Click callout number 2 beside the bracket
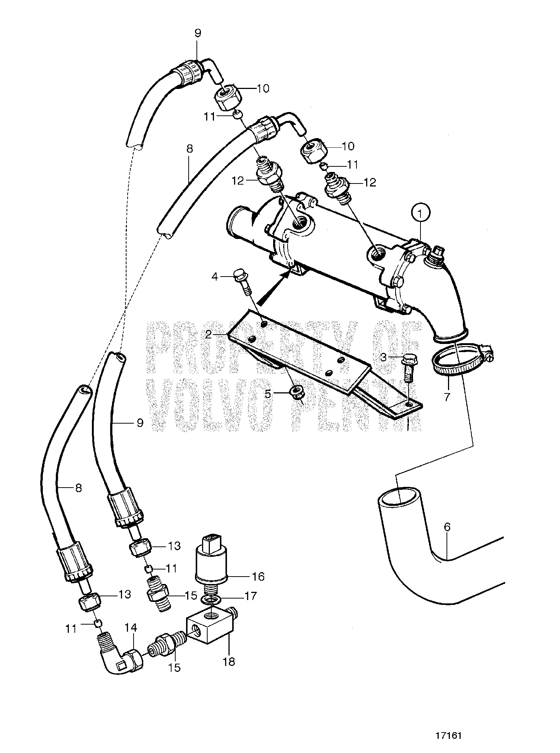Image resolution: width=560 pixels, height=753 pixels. (x=208, y=334)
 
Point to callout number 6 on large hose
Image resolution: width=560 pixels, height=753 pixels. (x=447, y=527)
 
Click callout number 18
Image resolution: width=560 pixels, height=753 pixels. (x=229, y=661)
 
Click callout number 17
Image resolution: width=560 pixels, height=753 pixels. (x=251, y=596)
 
